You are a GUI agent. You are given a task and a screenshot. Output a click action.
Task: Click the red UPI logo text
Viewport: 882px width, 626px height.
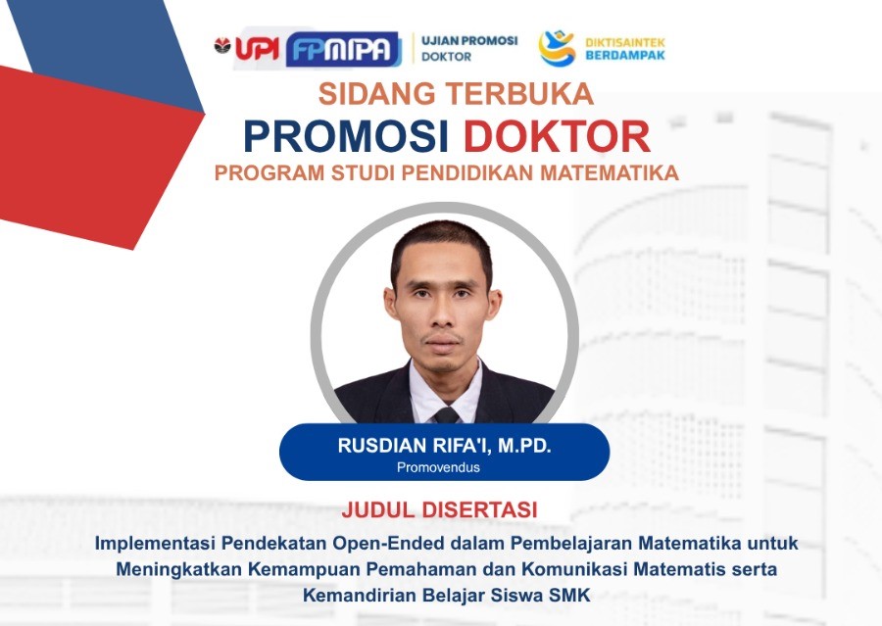click(x=257, y=48)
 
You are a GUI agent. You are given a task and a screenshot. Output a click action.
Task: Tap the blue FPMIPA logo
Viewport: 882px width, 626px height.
click(x=343, y=50)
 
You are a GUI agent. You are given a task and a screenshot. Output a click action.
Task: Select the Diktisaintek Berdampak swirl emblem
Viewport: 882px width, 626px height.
click(x=557, y=48)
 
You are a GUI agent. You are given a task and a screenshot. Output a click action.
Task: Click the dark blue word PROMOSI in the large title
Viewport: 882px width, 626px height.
click(x=346, y=136)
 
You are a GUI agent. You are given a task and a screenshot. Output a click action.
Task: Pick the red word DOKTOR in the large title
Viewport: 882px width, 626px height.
click(x=557, y=136)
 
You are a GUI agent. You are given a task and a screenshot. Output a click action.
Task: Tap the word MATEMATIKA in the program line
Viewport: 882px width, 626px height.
click(x=610, y=172)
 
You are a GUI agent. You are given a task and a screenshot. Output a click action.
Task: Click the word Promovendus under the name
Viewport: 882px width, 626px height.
click(x=438, y=467)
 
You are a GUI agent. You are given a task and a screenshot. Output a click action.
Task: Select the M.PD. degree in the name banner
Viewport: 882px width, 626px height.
click(x=524, y=446)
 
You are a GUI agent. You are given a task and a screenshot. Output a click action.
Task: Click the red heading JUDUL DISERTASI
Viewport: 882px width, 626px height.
click(x=439, y=509)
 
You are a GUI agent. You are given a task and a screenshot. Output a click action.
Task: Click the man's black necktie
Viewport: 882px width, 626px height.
click(x=447, y=415)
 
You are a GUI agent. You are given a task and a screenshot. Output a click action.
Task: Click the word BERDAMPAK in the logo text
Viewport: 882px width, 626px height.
click(x=625, y=55)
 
